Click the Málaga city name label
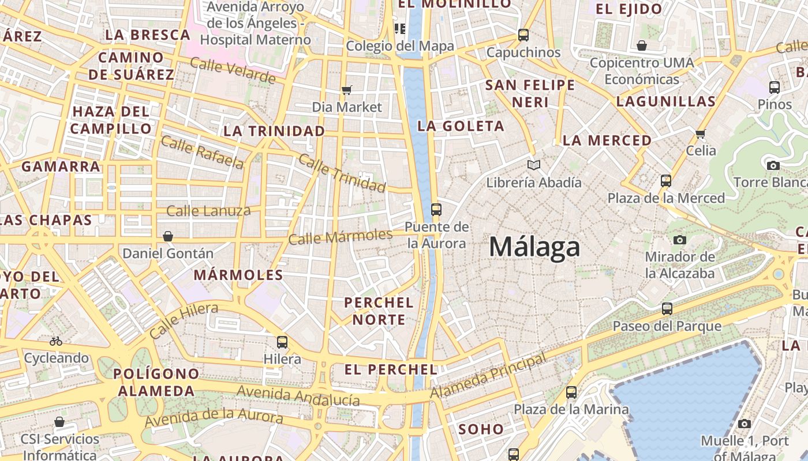534,247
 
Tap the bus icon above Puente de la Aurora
436,209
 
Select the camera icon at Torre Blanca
773,165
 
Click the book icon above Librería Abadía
534,165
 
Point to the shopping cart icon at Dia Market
347,89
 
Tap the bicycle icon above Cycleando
56,341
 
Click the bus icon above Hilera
282,342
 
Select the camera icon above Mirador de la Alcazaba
680,239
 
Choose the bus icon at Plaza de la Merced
666,180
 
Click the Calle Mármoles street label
341,236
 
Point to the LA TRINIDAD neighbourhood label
274,131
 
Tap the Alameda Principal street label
488,376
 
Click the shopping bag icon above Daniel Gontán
168,236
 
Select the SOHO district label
481,429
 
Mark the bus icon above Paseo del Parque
667,308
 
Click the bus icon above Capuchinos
523,35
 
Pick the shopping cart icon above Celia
701,134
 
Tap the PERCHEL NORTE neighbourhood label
379,311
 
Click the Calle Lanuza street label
208,211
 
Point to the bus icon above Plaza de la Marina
571,392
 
